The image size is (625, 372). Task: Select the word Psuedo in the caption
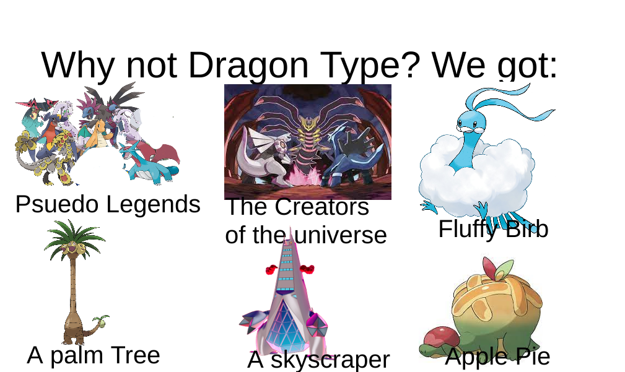[x=55, y=204]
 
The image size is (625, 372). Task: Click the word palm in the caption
[x=77, y=355]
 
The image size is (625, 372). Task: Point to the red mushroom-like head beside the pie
[x=439, y=336]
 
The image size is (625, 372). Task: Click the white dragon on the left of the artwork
[x=263, y=155]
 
